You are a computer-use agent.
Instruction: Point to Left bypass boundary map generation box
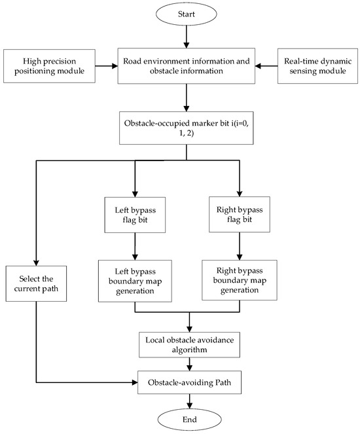click(x=134, y=281)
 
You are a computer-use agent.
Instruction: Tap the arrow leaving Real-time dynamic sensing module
click(x=267, y=65)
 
